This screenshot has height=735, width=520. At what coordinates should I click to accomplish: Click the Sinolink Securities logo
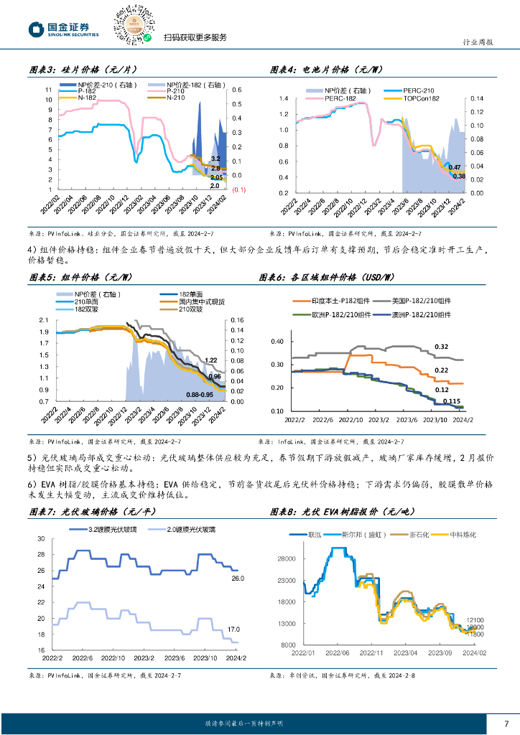[x=62, y=29]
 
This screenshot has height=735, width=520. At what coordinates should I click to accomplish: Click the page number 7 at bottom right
[x=506, y=722]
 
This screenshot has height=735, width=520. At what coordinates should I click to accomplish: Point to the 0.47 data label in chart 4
[x=455, y=167]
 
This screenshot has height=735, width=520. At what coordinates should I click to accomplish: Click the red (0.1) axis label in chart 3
[x=238, y=189]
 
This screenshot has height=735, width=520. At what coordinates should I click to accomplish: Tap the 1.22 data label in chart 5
[x=210, y=360]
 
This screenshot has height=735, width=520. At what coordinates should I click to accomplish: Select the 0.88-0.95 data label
[x=200, y=395]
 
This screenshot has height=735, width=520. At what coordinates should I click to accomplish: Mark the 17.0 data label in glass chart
[x=234, y=629]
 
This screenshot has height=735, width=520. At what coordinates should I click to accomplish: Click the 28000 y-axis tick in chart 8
[x=286, y=558]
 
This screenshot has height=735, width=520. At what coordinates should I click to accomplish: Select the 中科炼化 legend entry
[x=466, y=534]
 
